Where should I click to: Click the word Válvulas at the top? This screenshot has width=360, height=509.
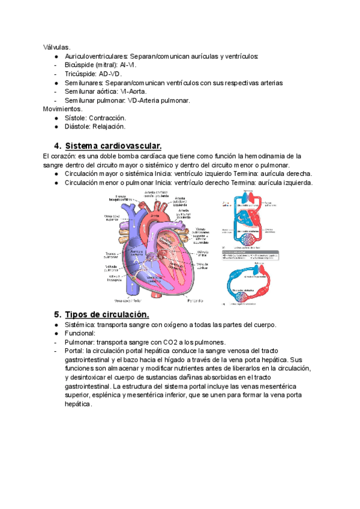pyautogui.click(x=56, y=47)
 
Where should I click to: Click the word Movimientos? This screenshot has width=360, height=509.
pyautogui.click(x=63, y=109)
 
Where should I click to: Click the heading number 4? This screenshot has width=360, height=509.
pyautogui.click(x=58, y=146)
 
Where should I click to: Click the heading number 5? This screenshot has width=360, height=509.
pyautogui.click(x=58, y=315)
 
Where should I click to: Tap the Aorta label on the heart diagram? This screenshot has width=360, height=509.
pyautogui.click(x=154, y=215)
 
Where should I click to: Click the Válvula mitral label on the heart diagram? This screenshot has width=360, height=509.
pyautogui.click(x=203, y=253)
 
